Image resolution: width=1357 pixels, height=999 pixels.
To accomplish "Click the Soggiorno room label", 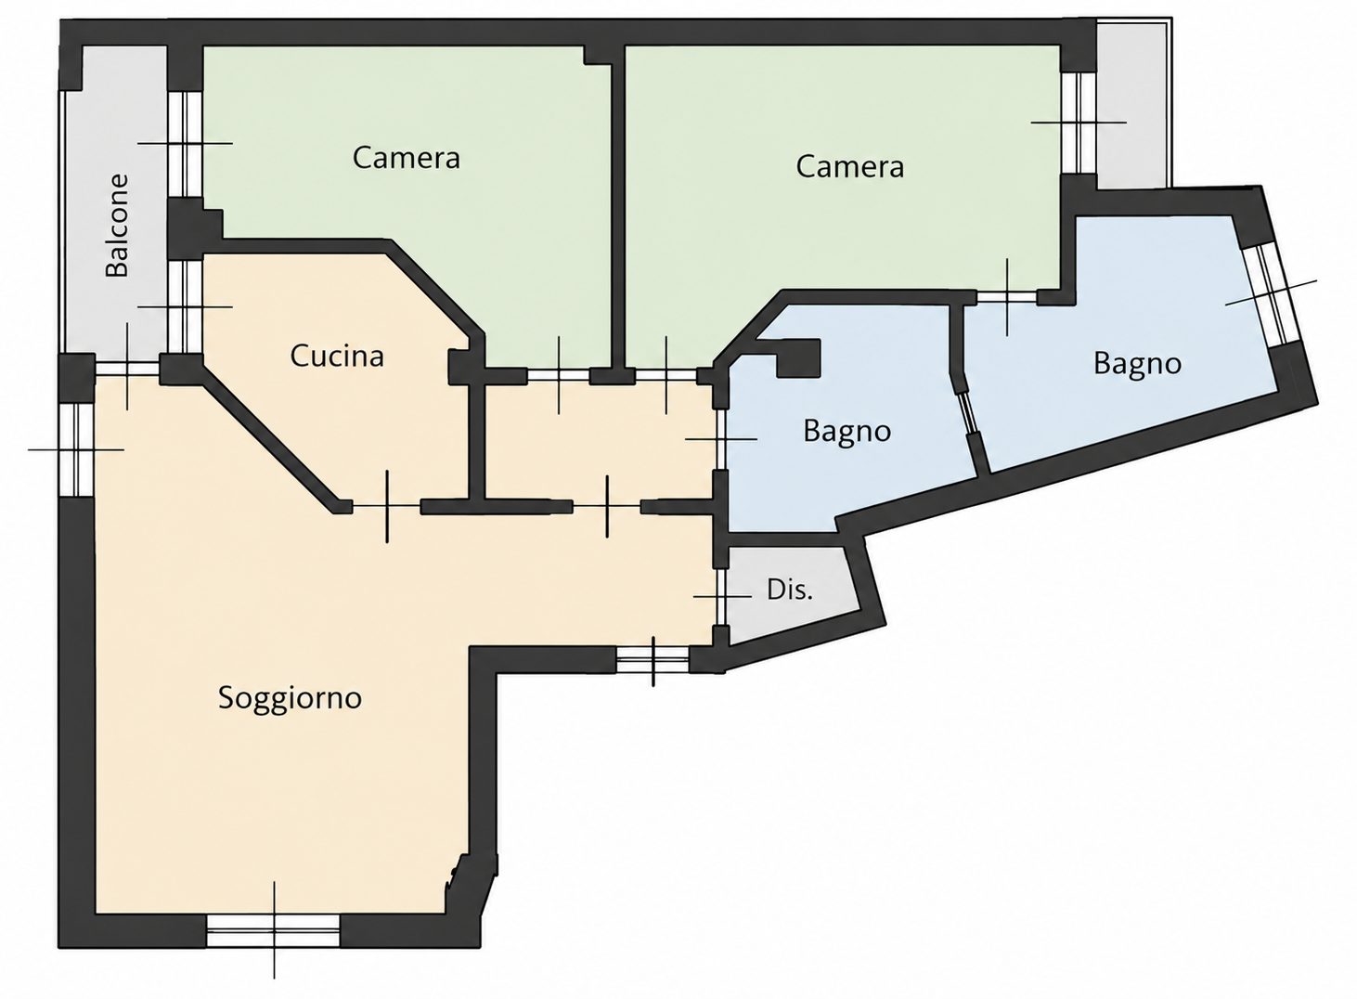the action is point(290,698).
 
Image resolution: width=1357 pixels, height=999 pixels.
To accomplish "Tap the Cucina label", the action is point(337,357).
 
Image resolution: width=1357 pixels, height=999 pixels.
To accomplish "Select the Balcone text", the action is point(117,226).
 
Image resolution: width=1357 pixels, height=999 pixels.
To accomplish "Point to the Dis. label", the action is point(789,590).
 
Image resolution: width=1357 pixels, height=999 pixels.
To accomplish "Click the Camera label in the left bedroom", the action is point(406,158).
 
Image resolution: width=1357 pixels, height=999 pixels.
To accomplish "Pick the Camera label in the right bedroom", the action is point(849,166).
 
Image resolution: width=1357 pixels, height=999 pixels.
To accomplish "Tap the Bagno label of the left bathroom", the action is point(847,432).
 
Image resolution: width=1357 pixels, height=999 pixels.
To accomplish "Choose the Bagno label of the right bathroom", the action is point(1137,364).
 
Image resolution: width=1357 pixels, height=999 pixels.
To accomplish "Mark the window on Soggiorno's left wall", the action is point(76,449).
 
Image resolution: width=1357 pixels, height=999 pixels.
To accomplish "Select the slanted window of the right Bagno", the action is point(1271,293).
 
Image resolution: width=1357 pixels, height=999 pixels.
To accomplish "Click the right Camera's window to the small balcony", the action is point(1079,123).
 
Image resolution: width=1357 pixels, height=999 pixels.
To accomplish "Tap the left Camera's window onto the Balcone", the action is point(184,144).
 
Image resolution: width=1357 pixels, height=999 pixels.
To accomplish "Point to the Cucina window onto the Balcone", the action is point(184,306).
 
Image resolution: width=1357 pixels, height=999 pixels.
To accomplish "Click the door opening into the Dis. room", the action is point(720,596).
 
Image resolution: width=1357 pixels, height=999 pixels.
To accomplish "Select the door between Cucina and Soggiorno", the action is point(386,505).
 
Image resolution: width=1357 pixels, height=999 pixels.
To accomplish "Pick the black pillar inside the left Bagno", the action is point(798,360).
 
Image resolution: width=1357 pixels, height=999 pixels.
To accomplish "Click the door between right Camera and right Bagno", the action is point(1007,297).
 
